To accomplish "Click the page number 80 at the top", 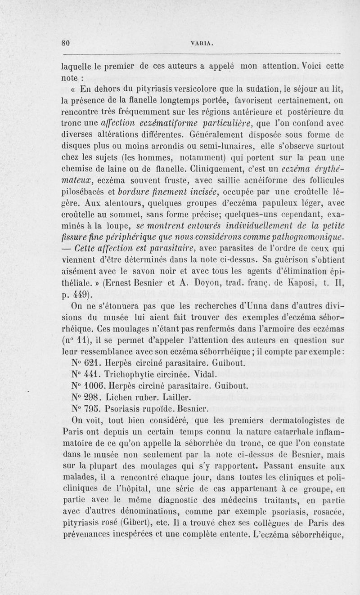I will click(67, 44).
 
